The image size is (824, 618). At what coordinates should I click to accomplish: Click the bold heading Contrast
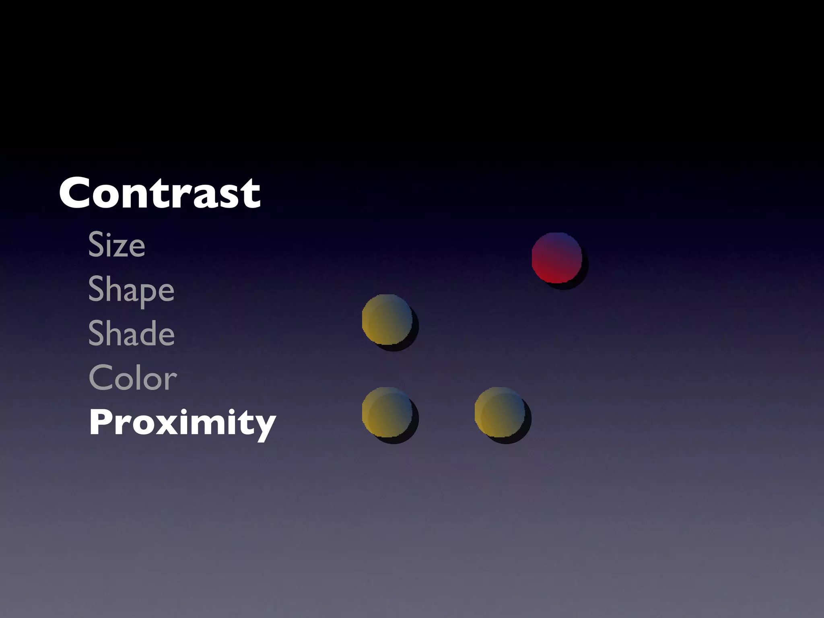pyautogui.click(x=160, y=193)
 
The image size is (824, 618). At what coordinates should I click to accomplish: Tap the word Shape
pyautogui.click(x=131, y=290)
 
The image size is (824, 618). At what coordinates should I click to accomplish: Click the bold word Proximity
pyautogui.click(x=182, y=422)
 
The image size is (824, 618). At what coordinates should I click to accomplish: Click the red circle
pyautogui.click(x=557, y=258)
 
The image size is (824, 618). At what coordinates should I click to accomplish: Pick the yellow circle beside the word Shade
pyautogui.click(x=387, y=319)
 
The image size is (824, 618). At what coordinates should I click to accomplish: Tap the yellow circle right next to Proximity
pyautogui.click(x=387, y=412)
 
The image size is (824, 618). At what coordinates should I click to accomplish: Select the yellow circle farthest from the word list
pyautogui.click(x=500, y=412)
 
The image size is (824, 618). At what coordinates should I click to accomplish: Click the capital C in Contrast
pyautogui.click(x=76, y=193)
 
